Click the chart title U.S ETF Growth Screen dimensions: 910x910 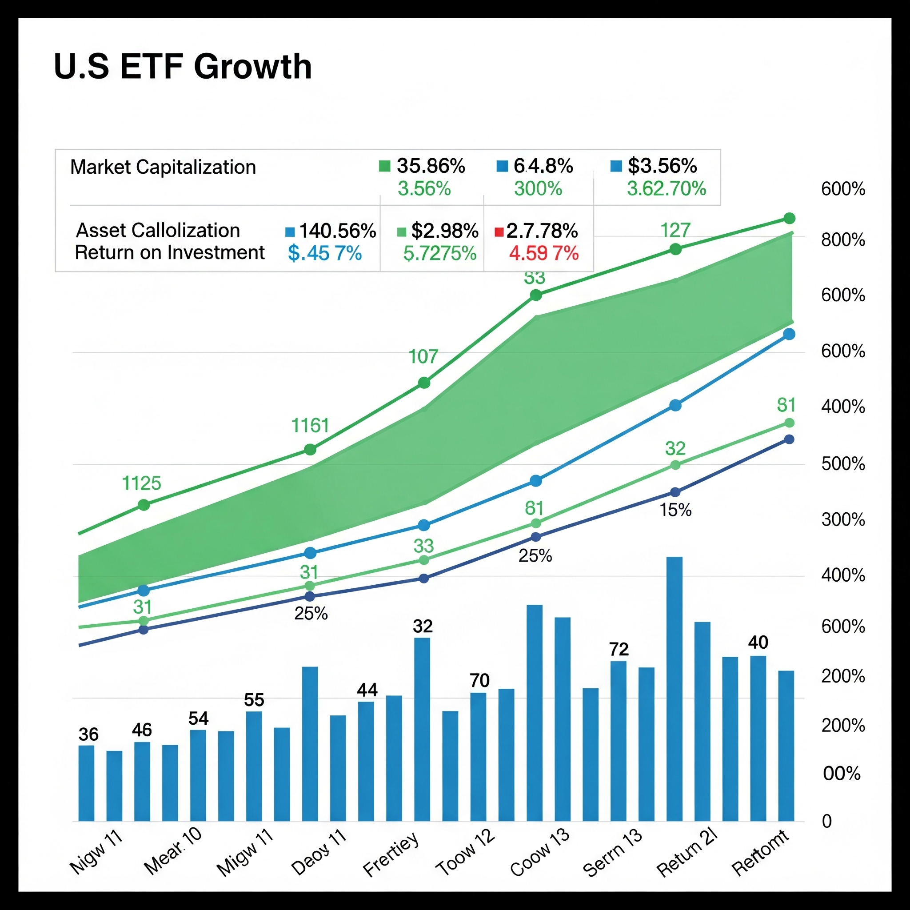[183, 66]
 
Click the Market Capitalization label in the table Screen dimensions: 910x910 [163, 167]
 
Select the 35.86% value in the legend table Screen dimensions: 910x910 [431, 166]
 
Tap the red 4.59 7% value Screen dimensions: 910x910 [543, 253]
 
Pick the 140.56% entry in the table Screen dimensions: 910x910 [337, 231]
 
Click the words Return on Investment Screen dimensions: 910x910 [170, 253]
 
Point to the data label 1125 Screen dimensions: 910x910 [141, 483]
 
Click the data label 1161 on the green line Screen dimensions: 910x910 [310, 426]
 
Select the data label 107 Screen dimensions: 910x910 [423, 356]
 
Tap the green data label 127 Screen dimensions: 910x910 [675, 230]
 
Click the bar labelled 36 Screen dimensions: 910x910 [86, 784]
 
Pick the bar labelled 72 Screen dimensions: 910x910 [619, 742]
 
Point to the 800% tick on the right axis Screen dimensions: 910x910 [843, 240]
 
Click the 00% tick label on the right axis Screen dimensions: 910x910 [842, 774]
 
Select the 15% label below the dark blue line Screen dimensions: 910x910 [675, 511]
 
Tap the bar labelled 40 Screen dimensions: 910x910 [758, 739]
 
